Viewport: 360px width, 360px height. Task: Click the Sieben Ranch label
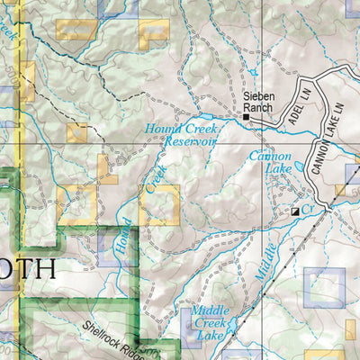click(257, 102)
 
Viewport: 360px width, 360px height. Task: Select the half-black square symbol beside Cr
click(294, 211)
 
